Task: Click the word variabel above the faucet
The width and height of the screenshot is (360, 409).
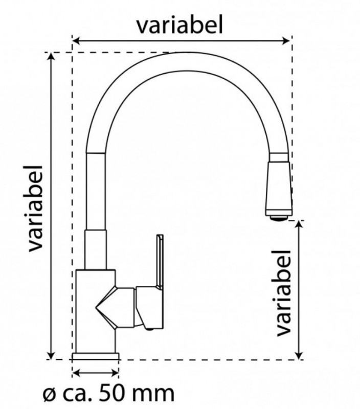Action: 180,25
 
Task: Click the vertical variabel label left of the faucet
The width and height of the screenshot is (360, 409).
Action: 35,209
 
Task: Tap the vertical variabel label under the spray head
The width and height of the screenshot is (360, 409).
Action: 283,293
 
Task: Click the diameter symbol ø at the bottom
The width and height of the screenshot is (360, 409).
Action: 49,395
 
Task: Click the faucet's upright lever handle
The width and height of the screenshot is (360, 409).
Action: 160,261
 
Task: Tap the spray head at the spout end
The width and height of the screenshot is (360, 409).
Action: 278,189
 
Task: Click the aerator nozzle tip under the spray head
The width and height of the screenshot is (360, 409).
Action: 279,218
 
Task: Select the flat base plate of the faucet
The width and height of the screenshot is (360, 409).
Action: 96,356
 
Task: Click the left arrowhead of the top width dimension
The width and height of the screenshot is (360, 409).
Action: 76,41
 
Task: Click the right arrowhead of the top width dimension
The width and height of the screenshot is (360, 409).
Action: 286,41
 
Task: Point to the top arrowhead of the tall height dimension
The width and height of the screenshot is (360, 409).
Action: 51,57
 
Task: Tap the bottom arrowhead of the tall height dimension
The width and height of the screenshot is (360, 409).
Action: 51,355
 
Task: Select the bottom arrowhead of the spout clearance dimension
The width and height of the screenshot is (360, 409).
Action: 300,355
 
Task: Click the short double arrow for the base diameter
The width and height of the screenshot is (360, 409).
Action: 96,373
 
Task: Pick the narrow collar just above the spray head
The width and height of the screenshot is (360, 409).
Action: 279,157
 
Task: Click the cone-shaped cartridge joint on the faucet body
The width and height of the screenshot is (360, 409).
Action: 115,307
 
